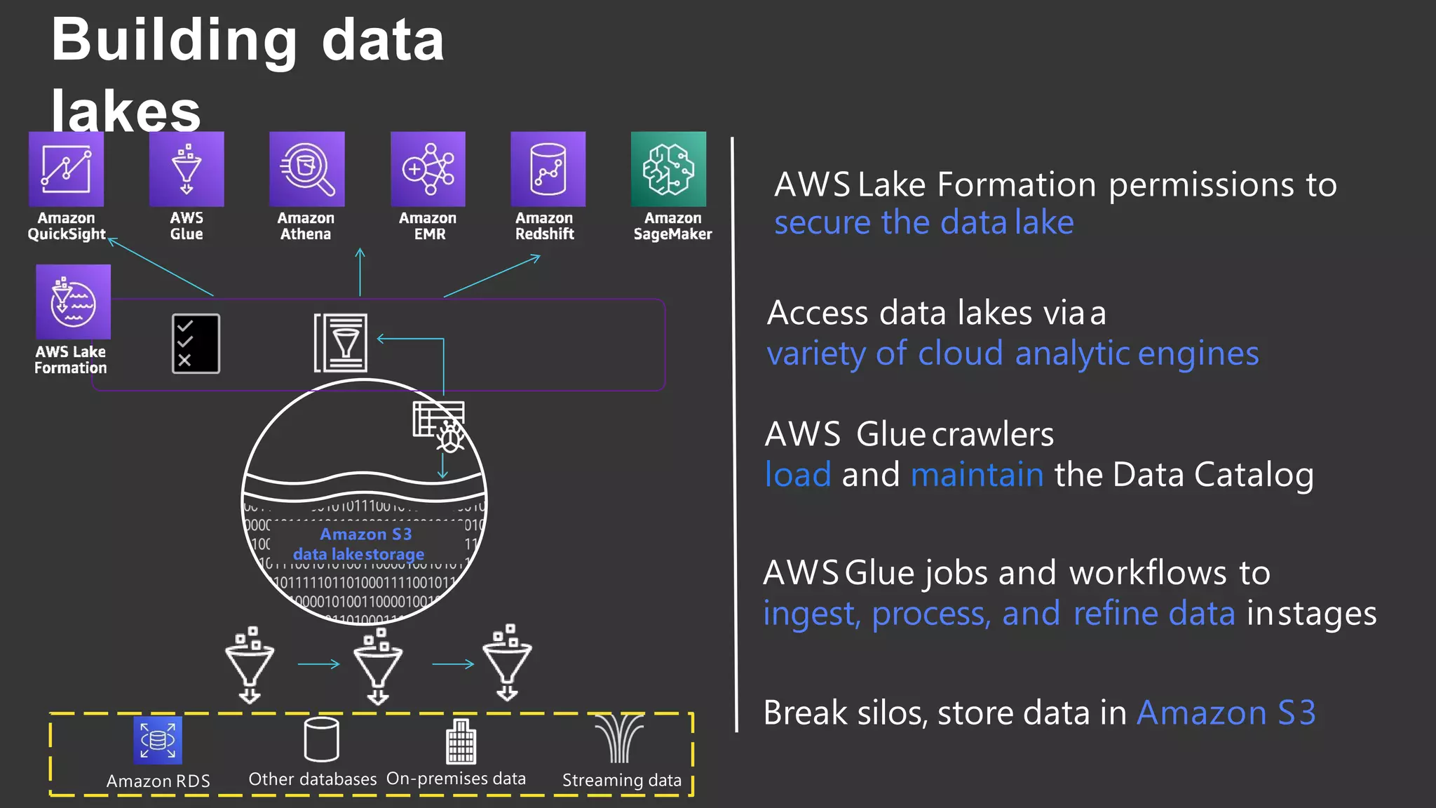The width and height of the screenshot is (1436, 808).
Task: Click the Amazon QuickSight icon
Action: tap(66, 169)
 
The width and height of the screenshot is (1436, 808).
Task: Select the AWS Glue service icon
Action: tap(187, 169)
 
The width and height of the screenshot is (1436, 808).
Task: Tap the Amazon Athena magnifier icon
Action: tap(307, 169)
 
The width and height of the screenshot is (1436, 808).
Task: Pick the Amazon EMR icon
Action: tap(428, 169)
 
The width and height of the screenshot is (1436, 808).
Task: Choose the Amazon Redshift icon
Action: tap(548, 169)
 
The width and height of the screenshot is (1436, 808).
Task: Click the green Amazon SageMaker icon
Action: tap(668, 169)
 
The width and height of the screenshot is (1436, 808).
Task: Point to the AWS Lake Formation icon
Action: tap(73, 302)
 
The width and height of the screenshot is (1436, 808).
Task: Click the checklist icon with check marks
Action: tap(196, 343)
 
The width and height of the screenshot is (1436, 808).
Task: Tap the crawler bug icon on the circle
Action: tap(449, 438)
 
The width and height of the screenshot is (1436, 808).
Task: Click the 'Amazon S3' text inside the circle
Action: tap(365, 534)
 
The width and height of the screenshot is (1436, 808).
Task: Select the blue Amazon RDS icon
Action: tap(158, 740)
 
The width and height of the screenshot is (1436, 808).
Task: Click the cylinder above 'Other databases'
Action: tap(322, 739)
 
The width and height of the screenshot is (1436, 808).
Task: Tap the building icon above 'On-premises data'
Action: tap(461, 742)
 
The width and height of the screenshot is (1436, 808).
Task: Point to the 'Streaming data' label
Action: tap(621, 780)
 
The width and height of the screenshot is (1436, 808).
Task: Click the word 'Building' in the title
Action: tap(175, 41)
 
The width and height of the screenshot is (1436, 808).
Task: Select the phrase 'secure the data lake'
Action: tap(923, 223)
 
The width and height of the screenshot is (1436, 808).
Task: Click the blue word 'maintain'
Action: tap(977, 475)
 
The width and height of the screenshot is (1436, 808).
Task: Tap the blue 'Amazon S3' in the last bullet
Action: tap(1226, 713)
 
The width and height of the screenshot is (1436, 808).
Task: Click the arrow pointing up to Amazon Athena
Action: tap(360, 272)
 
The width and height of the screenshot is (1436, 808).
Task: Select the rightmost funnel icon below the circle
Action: tap(507, 663)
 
